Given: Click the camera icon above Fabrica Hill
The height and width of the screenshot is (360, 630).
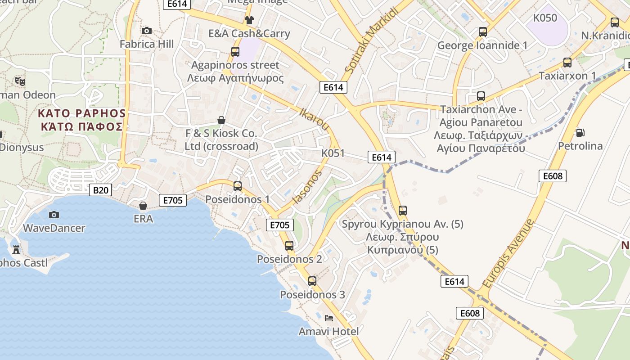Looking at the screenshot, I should click(x=146, y=31).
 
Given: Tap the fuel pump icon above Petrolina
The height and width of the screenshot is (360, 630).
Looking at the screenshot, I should click(x=580, y=133).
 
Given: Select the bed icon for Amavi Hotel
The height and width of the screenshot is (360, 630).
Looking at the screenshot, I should click(x=329, y=318).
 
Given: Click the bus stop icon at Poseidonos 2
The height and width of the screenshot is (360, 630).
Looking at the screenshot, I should click(x=289, y=246).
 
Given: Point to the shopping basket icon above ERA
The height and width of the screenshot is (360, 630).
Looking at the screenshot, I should click(x=143, y=206).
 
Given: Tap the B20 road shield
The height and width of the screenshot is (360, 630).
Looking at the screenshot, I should click(x=100, y=190).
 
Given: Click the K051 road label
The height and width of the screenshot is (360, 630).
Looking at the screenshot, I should click(x=333, y=153).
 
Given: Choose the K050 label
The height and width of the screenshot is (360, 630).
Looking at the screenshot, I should click(x=545, y=18).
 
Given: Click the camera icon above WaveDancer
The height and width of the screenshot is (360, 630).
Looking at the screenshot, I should click(x=54, y=215).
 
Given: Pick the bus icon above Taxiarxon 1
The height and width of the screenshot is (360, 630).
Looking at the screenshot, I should click(x=567, y=63).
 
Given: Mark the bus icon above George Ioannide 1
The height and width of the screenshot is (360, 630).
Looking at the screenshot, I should click(x=483, y=32).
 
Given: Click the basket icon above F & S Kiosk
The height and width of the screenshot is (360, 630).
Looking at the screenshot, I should click(x=221, y=120).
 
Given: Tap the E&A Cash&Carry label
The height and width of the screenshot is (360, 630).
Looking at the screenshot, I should click(x=249, y=34).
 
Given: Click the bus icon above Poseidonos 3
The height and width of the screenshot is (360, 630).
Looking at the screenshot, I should click(x=312, y=281).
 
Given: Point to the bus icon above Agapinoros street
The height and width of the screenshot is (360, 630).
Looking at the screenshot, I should click(x=235, y=52).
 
